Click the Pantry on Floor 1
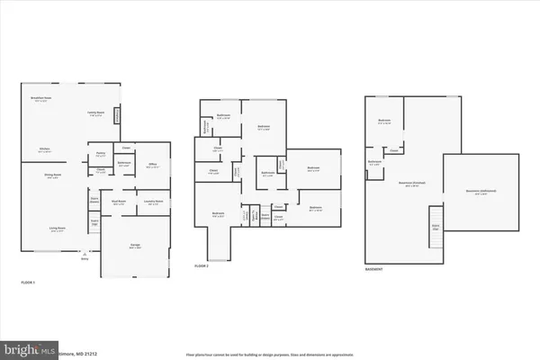101,154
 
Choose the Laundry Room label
154,202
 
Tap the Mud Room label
118,203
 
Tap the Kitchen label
43,149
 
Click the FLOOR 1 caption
28,283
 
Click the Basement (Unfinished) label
481,191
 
